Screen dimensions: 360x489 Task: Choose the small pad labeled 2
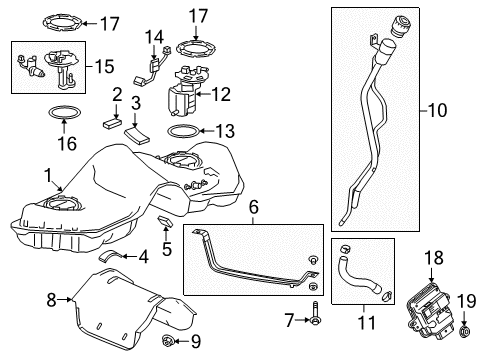tap(112, 122)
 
